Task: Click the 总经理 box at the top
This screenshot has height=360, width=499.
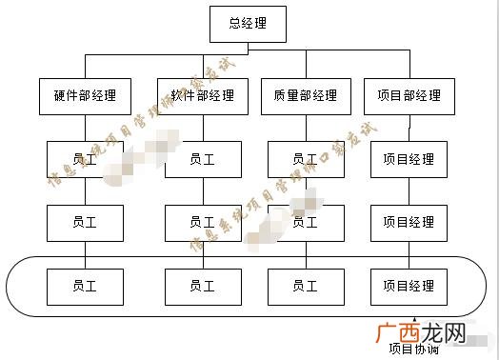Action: [248, 24]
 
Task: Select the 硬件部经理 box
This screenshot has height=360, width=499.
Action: [85, 95]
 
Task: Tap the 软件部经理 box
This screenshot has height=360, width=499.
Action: [202, 95]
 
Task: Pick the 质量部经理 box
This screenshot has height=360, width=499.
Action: [305, 95]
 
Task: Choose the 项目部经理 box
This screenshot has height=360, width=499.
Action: [409, 95]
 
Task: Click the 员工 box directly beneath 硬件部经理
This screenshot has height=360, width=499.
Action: [85, 159]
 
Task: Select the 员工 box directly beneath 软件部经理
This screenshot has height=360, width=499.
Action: [202, 159]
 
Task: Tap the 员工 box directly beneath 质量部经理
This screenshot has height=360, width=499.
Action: [305, 159]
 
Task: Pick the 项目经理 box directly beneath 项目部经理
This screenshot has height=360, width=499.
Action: [409, 159]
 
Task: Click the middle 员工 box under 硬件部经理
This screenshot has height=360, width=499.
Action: [85, 222]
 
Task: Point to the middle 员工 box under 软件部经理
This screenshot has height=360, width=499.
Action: [202, 222]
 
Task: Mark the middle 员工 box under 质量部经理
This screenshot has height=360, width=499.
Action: [305, 222]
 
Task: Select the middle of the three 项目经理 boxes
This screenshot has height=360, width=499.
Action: [409, 222]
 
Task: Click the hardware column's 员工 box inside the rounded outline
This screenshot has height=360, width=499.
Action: [85, 286]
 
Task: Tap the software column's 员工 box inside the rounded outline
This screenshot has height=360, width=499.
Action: [202, 286]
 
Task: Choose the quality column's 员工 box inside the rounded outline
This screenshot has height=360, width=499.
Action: [305, 286]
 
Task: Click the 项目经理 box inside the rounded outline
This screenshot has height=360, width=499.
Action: [409, 286]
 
